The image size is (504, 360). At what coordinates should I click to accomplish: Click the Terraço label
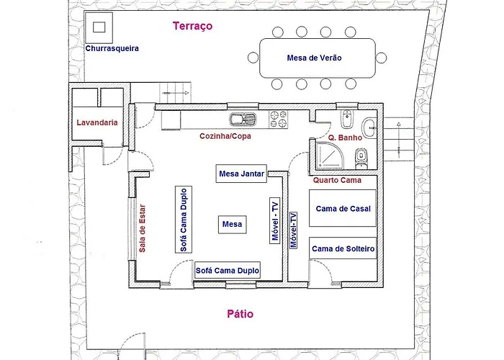193,27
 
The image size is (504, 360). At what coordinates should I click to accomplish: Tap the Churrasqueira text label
112,49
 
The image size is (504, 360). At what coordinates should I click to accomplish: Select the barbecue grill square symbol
99,27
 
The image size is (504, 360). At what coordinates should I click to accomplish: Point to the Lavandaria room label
97,123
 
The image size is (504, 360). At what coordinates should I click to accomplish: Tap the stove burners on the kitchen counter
279,117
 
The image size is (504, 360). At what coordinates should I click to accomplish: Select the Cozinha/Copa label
225,135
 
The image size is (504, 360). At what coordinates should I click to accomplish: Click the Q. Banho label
343,138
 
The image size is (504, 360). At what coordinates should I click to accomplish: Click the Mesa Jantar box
241,174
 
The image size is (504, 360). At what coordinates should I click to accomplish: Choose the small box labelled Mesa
232,225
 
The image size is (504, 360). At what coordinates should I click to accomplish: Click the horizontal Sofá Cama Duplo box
227,271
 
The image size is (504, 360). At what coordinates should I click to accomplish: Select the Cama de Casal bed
343,209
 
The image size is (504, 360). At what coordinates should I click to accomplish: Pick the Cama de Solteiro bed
343,249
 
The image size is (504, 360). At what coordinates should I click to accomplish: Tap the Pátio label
240,314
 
